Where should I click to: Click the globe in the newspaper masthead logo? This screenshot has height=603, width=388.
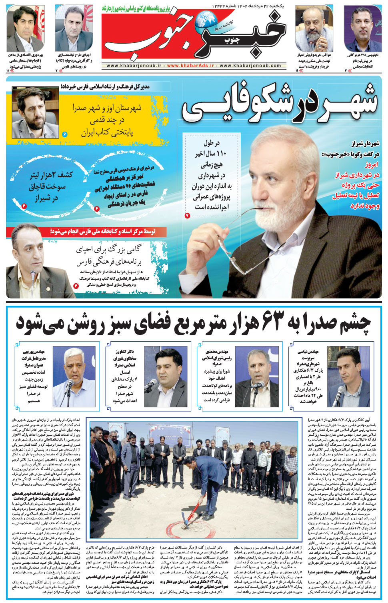[207, 20]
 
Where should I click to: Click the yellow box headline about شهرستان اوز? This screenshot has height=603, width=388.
[107, 120]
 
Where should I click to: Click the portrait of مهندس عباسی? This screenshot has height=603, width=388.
[349, 377]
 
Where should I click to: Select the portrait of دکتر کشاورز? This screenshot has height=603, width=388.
[165, 377]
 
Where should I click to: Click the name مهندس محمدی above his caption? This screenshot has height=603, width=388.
[217, 351]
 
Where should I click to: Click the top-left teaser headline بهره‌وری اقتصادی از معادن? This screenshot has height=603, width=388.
[25, 55]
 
